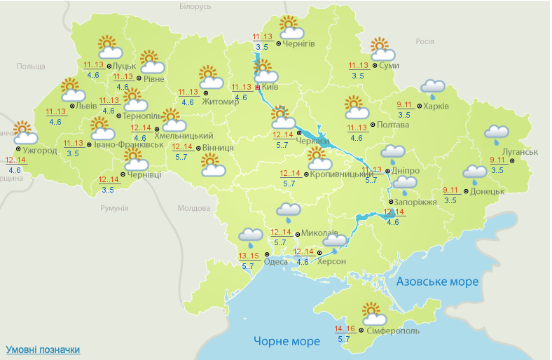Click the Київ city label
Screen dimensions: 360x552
pyautogui.click(x=271, y=87)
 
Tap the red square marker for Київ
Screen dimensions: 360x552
pyautogui.click(x=258, y=87)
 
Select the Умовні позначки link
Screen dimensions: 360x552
pyautogui.click(x=43, y=349)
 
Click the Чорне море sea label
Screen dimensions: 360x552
pyautogui.click(x=287, y=341)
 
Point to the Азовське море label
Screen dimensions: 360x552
pyautogui.click(x=437, y=282)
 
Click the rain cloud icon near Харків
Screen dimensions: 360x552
pyautogui.click(x=433, y=88)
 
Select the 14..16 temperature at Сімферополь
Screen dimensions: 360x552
pyautogui.click(x=343, y=328)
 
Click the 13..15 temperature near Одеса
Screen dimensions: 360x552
pyautogui.click(x=248, y=256)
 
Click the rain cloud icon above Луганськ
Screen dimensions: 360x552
pyautogui.click(x=497, y=133)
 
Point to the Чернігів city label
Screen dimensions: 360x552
pyautogui.click(x=299, y=43)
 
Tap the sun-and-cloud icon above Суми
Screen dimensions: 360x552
pyautogui.click(x=382, y=50)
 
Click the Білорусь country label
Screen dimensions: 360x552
pyautogui.click(x=195, y=6)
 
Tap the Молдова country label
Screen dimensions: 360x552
pyautogui.click(x=194, y=209)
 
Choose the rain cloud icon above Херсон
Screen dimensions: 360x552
pyautogui.click(x=336, y=242)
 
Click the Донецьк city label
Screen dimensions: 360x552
pyautogui.click(x=488, y=191)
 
